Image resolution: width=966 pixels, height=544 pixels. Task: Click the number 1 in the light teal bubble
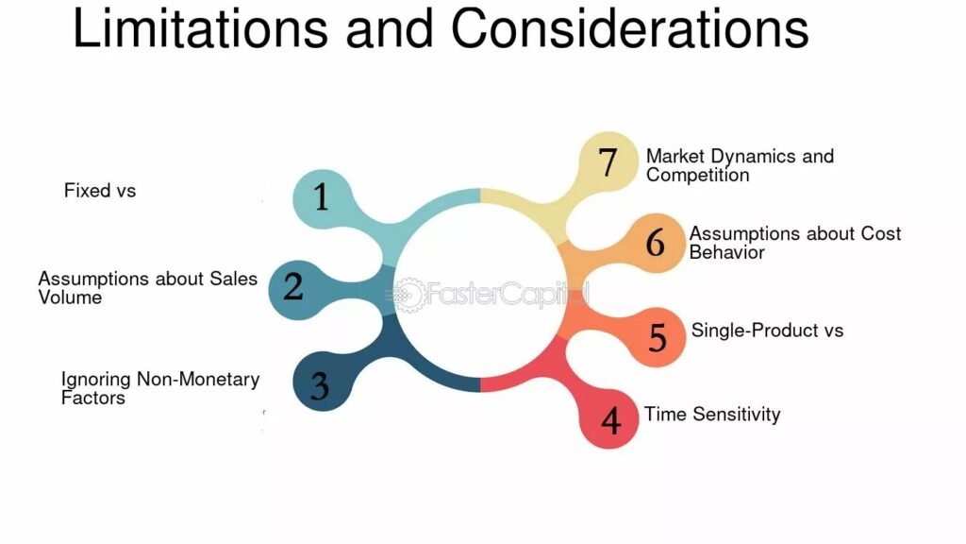click(x=321, y=196)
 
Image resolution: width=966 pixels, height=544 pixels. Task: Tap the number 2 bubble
click(x=297, y=289)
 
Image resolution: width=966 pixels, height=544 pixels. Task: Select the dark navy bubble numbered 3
click(x=322, y=382)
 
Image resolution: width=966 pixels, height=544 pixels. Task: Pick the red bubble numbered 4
click(x=609, y=419)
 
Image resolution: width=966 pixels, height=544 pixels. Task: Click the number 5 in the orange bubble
click(x=658, y=337)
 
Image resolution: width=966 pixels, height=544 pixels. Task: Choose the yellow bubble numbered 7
click(x=608, y=161)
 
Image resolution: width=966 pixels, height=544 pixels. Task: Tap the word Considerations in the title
click(x=629, y=28)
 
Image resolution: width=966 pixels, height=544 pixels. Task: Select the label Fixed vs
click(x=100, y=191)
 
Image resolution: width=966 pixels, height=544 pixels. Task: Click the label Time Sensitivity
click(x=712, y=414)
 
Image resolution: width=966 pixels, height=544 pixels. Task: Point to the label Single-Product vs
click(x=767, y=331)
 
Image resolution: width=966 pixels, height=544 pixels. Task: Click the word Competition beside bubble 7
click(x=697, y=175)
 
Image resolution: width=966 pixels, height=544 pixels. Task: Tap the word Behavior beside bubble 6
click(x=726, y=252)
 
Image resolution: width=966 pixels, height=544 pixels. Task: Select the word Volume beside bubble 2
click(x=70, y=297)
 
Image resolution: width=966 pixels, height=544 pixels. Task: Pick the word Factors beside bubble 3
click(x=92, y=398)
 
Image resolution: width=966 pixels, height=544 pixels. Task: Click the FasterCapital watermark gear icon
click(x=408, y=295)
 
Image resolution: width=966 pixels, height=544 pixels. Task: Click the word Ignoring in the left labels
click(x=95, y=380)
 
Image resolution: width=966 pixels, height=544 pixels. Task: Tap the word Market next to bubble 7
click(x=675, y=156)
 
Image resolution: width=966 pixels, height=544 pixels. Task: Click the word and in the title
click(x=390, y=28)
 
